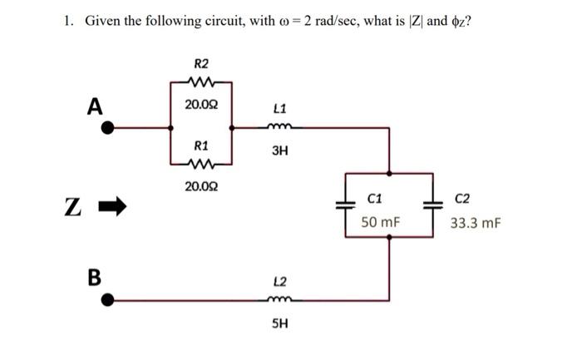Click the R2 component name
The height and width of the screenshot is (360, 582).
pos(201,63)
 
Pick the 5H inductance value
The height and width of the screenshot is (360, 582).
pos(279,323)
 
